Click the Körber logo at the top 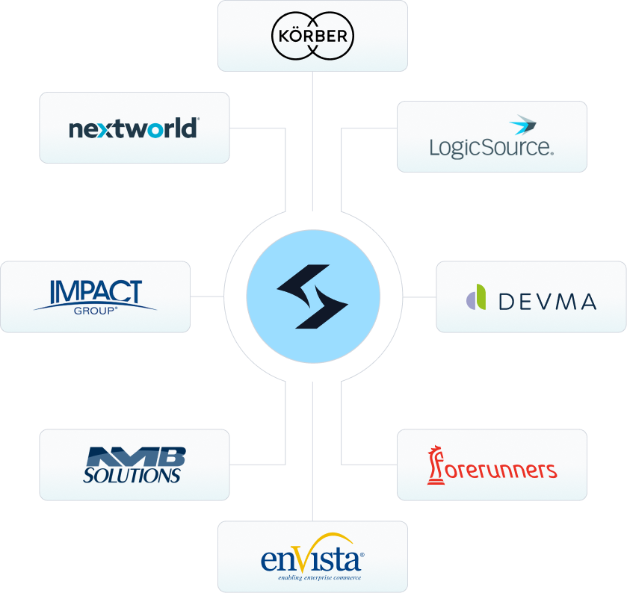[x=312, y=36]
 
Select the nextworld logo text [x=134, y=128]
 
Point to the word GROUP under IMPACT [x=95, y=308]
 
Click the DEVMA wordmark [x=547, y=302]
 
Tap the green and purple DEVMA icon [x=477, y=296]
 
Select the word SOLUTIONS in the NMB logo [x=132, y=475]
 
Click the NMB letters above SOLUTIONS [x=136, y=456]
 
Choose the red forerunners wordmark [x=500, y=470]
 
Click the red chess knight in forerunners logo [x=434, y=464]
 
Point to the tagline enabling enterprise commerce [x=319, y=577]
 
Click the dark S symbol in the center [x=312, y=296]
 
